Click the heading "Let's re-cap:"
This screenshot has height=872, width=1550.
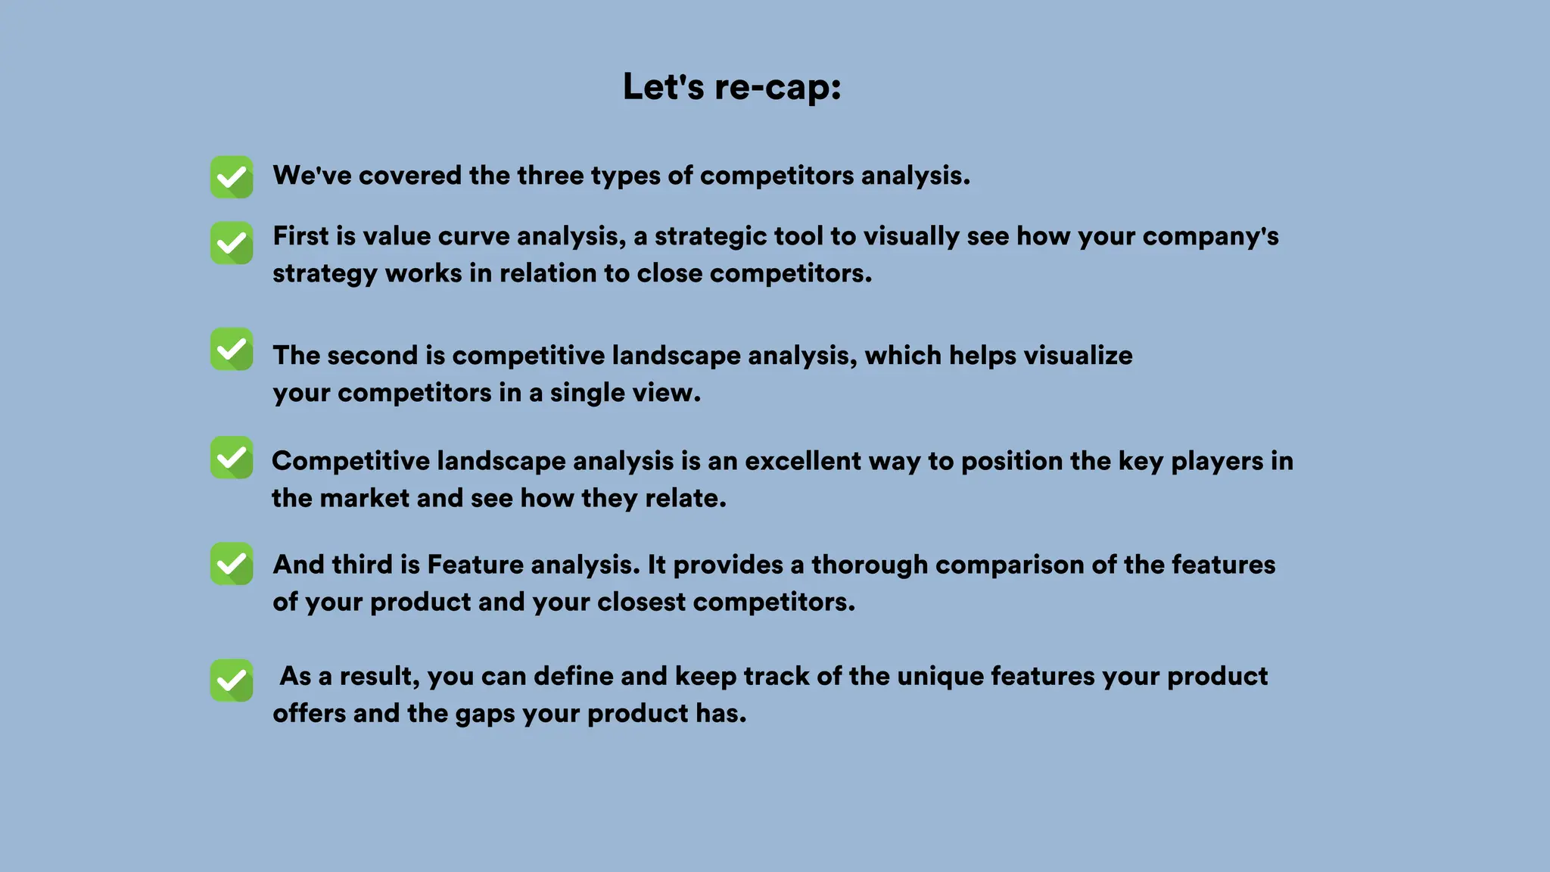pyautogui.click(x=732, y=86)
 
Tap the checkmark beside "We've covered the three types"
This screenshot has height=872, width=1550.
pyautogui.click(x=232, y=177)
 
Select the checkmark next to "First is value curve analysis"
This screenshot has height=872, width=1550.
pyautogui.click(x=232, y=243)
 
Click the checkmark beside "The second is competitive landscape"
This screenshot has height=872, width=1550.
pyautogui.click(x=232, y=349)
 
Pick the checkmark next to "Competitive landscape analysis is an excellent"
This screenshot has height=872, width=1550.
pyautogui.click(x=232, y=457)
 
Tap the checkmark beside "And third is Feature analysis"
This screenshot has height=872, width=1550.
pyautogui.click(x=232, y=563)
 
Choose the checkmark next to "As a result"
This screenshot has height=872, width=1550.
pyautogui.click(x=232, y=680)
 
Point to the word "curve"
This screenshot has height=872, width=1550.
pyautogui.click(x=473, y=236)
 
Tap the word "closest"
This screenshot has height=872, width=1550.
pyautogui.click(x=640, y=602)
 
